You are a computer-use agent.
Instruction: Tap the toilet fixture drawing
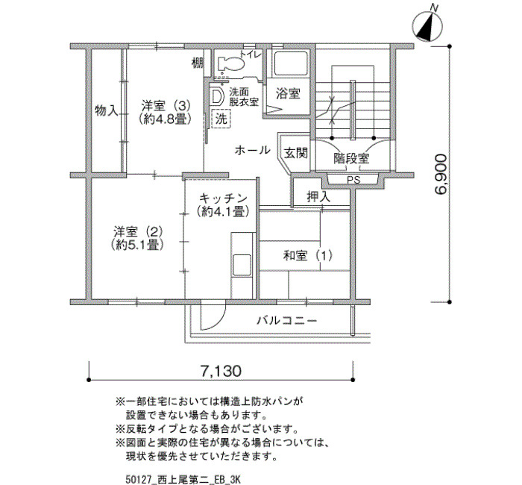tap(230, 63)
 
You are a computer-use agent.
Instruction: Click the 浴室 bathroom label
tap(288, 93)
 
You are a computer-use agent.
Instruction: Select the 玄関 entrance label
tap(295, 153)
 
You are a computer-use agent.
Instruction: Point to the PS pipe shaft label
tap(353, 180)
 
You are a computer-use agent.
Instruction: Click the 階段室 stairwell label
tap(351, 158)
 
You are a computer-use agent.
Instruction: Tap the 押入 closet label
tap(318, 197)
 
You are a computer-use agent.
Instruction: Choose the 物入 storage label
tap(107, 110)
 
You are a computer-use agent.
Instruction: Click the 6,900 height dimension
tap(441, 174)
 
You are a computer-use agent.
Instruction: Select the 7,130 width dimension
tap(221, 370)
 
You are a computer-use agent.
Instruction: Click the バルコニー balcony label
tap(286, 321)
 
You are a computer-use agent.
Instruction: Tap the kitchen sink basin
tap(242, 265)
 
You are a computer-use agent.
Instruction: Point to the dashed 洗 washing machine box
tap(221, 118)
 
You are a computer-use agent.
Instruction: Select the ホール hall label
tap(252, 151)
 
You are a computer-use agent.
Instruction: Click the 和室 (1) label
tap(308, 256)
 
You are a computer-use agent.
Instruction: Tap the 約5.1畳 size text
tap(137, 245)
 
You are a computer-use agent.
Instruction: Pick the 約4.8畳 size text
tap(166, 119)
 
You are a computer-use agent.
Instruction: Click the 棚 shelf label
tap(198, 63)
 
